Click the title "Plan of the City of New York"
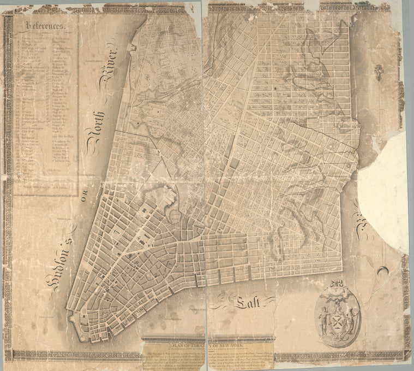[207, 345]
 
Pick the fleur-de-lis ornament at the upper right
[379, 72]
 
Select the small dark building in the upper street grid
[276, 88]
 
